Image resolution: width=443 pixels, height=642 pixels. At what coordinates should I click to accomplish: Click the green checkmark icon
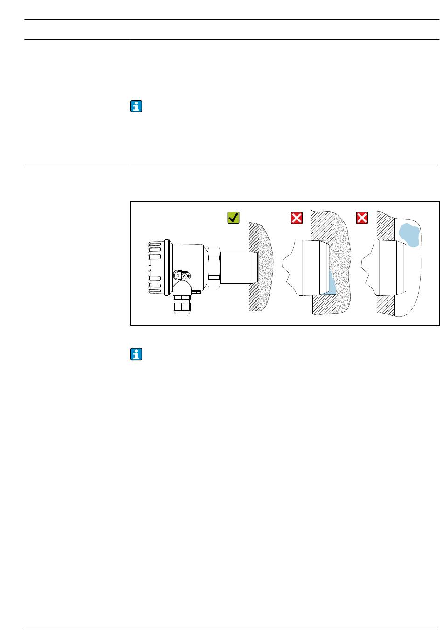[x=233, y=218]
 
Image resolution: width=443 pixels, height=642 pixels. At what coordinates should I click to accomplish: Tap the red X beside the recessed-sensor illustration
[x=297, y=218]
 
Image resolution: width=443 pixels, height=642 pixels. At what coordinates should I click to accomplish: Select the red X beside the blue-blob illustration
[x=362, y=218]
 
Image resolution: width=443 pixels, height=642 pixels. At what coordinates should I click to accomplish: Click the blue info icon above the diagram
[x=136, y=107]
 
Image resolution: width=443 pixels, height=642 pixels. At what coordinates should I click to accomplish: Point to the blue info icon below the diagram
[x=136, y=355]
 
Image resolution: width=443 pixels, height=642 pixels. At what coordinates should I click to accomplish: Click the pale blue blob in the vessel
[x=409, y=234]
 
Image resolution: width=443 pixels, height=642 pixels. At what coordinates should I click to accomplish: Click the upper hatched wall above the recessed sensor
[x=322, y=226]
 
